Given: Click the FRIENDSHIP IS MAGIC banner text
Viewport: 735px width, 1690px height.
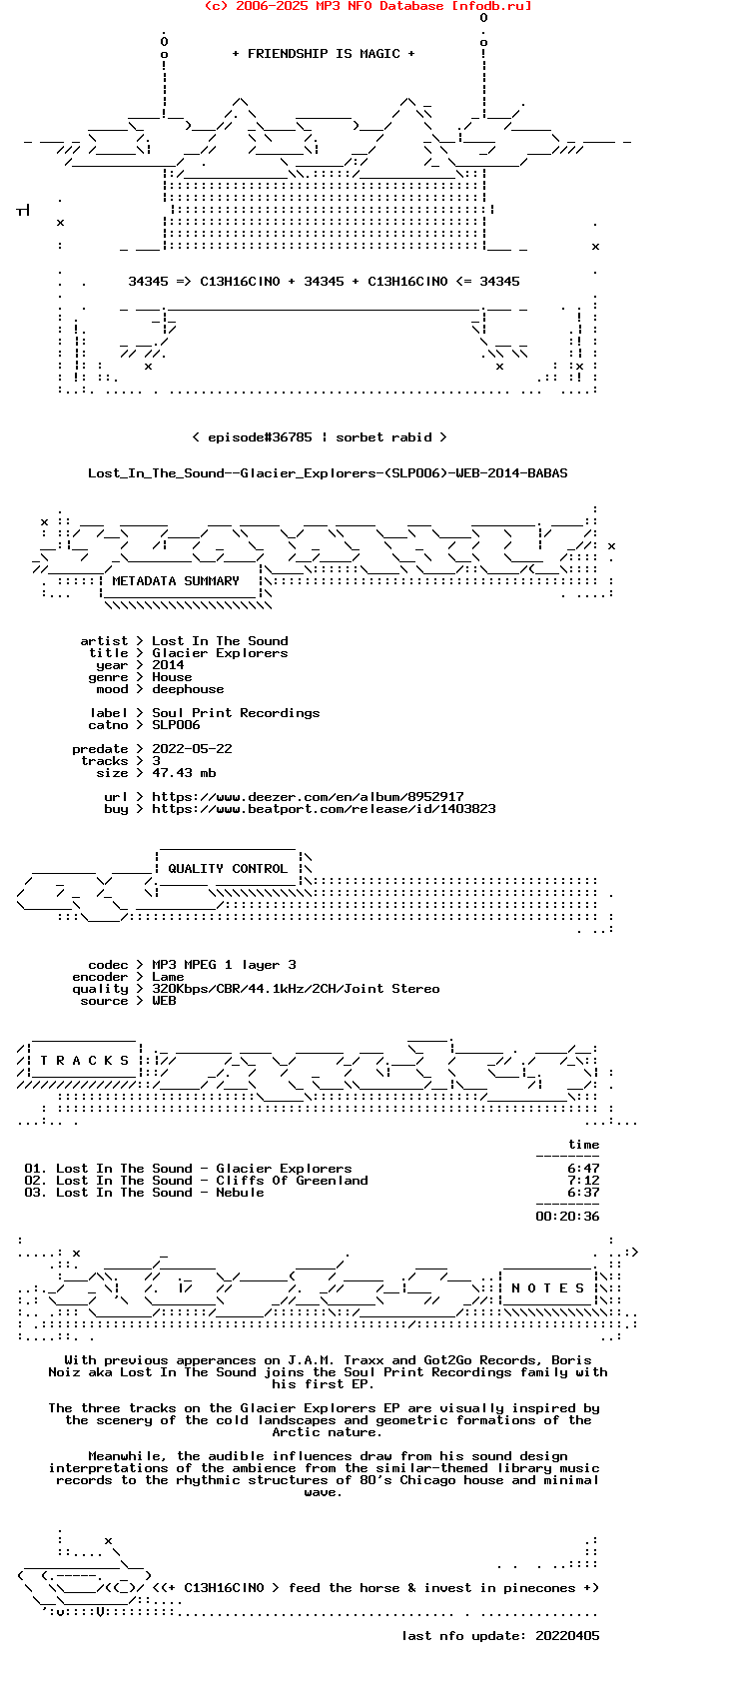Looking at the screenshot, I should click(x=323, y=54).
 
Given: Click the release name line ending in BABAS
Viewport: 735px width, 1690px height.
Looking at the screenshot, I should click(x=328, y=473).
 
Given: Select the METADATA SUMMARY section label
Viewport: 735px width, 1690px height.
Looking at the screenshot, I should click(x=176, y=581).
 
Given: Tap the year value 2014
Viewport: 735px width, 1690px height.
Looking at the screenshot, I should click(x=168, y=665).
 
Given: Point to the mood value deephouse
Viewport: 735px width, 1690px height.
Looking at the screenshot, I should click(x=188, y=689).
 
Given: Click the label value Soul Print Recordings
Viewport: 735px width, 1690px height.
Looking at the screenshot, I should click(x=236, y=713).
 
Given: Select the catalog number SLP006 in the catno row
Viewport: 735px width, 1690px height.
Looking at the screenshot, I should click(x=176, y=725).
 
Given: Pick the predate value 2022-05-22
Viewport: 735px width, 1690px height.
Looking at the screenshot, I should click(x=192, y=749).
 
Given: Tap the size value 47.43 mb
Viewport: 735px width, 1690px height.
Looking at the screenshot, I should click(x=184, y=773).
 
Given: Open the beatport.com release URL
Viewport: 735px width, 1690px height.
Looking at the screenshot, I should click(x=324, y=809).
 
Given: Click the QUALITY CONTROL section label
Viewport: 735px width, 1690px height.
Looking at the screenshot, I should click(x=228, y=869).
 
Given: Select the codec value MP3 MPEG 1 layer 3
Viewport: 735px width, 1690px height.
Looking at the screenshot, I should click(x=224, y=965).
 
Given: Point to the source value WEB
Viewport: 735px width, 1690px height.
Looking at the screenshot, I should click(x=164, y=1001).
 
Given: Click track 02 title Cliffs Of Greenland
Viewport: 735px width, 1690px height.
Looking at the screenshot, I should click(x=292, y=1181).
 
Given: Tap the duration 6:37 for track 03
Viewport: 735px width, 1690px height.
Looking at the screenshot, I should click(x=583, y=1193).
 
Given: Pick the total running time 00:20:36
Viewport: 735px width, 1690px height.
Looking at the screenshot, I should click(x=567, y=1217).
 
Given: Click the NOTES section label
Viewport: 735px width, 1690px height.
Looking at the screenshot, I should click(x=547, y=1288).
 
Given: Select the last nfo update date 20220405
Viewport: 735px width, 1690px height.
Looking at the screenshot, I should click(x=567, y=1636).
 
